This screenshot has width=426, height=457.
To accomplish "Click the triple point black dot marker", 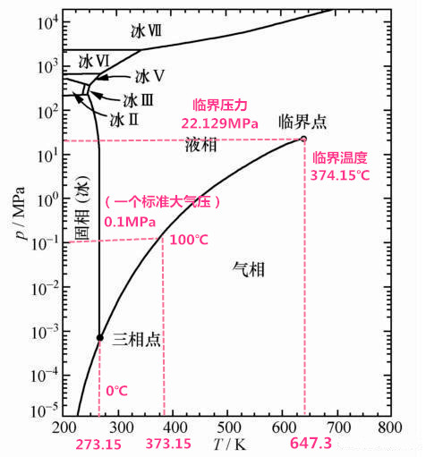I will [x=100, y=337].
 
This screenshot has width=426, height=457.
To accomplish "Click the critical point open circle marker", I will [x=302, y=139].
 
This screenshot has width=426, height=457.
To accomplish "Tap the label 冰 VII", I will [x=146, y=31].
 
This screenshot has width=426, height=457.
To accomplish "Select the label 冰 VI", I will [x=93, y=62].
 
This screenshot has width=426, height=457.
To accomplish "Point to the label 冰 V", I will [x=149, y=77].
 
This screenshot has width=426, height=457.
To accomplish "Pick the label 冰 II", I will [x=124, y=118].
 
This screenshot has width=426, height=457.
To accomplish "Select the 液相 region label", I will [x=200, y=146].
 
